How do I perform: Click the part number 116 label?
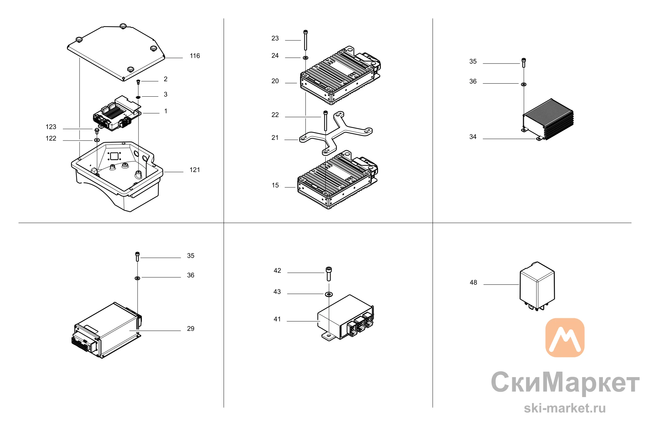click(195, 56)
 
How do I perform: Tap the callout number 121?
click(195, 170)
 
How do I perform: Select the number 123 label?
click(51, 127)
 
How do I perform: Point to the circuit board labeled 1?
click(117, 113)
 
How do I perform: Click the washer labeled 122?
click(97, 140)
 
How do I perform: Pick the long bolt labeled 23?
click(305, 40)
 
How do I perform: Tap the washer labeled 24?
click(305, 58)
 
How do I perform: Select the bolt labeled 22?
click(326, 121)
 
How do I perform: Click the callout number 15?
click(275, 186)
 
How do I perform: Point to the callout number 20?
click(275, 81)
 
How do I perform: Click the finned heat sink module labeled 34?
click(548, 119)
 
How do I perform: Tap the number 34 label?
click(473, 137)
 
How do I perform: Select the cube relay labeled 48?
click(537, 286)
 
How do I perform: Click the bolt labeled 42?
click(329, 274)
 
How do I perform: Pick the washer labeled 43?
click(329, 294)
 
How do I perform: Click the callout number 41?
click(277, 319)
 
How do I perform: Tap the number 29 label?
click(191, 329)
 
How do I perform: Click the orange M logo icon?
click(565, 337)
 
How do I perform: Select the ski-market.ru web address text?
click(565, 408)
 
